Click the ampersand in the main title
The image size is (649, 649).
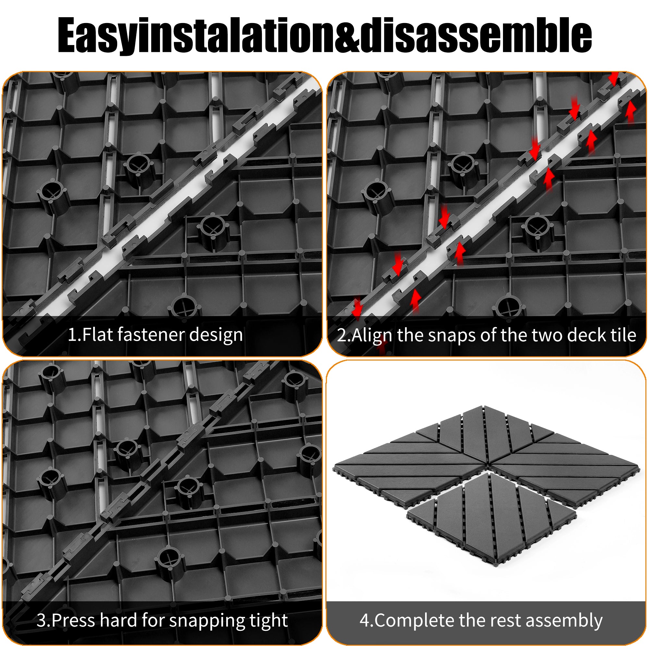pos(346,36)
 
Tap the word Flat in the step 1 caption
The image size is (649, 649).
pos(97,335)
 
